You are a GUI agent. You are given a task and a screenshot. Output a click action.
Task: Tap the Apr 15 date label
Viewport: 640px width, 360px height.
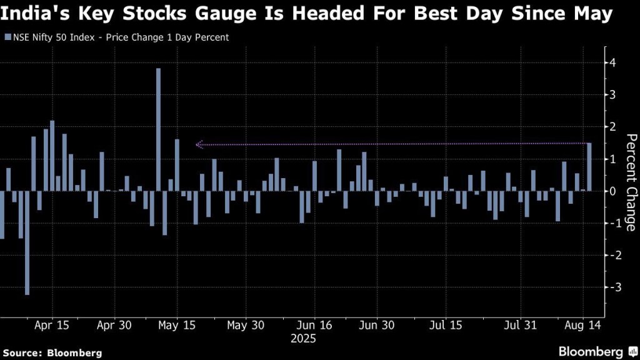tap(52, 326)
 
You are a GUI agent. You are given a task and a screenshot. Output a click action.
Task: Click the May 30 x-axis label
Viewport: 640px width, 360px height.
tap(246, 326)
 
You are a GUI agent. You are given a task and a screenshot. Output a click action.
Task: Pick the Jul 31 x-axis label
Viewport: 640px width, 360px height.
tap(520, 326)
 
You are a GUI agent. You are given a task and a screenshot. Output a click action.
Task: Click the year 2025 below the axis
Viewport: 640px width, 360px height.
tap(303, 339)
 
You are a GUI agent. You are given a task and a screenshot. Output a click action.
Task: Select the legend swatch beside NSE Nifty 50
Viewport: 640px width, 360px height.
tap(7, 37)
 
